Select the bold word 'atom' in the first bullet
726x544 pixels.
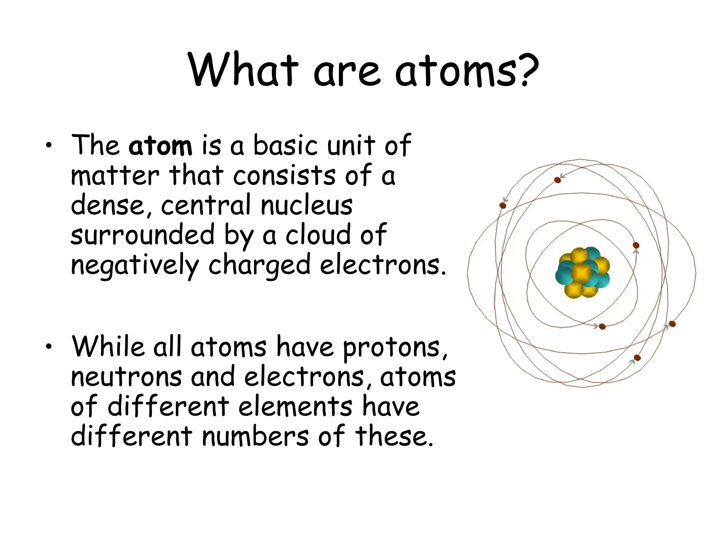tap(160, 146)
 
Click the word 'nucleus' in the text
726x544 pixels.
tap(307, 205)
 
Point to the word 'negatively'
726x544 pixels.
tap(135, 266)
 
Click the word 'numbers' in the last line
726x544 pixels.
tap(255, 436)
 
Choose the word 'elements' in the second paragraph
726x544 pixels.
tap(295, 407)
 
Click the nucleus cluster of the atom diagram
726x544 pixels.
tap(582, 273)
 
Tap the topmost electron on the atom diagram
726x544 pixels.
tap(558, 180)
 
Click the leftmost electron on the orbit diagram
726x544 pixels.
tap(503, 205)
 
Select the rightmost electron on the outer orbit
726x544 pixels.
tap(672, 324)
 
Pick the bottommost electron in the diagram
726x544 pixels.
tap(637, 358)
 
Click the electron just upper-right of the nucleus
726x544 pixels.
tap(636, 245)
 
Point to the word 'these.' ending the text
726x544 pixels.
tap(394, 436)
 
